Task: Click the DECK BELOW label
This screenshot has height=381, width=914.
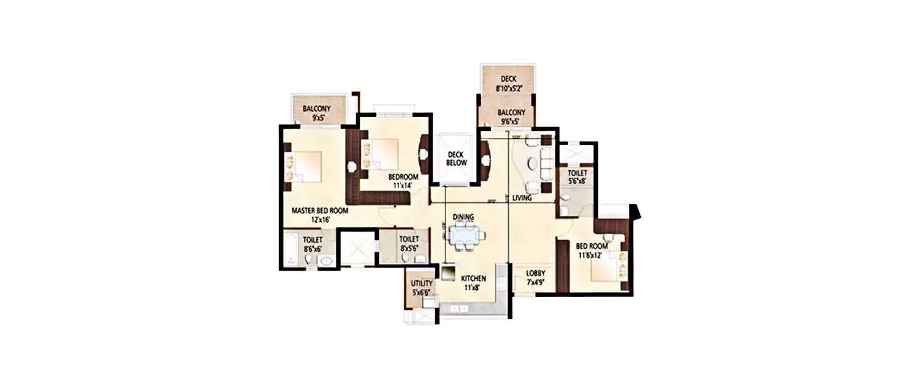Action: click(456, 158)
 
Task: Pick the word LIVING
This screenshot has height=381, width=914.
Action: click(522, 198)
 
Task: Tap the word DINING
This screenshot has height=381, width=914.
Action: click(463, 217)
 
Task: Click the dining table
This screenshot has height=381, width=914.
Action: click(467, 235)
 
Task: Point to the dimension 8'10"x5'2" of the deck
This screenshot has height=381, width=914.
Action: click(508, 88)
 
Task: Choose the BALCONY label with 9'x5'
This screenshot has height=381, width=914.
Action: click(317, 109)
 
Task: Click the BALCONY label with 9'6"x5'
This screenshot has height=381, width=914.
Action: click(511, 113)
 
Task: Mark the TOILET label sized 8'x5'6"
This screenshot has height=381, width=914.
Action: click(408, 240)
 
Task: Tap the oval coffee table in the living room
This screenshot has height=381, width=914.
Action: click(532, 163)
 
